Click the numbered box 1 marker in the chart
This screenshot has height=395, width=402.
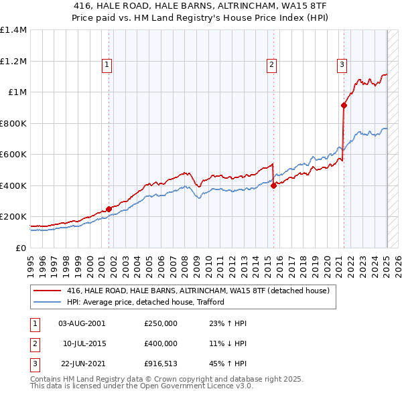pyautogui.click(x=107, y=65)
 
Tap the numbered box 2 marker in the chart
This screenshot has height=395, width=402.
pyautogui.click(x=271, y=65)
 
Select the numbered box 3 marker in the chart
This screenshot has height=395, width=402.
pyautogui.click(x=342, y=65)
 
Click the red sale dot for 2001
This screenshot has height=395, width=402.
pyautogui.click(x=109, y=209)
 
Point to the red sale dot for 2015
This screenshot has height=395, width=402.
pyautogui.click(x=273, y=186)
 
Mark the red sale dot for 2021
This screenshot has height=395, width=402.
pyautogui.click(x=344, y=105)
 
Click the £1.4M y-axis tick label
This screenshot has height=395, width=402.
pyautogui.click(x=13, y=30)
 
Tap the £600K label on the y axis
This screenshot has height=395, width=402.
pyautogui.click(x=13, y=155)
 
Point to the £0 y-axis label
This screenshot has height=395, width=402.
pyautogui.click(x=20, y=248)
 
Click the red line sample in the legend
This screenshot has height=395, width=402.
pyautogui.click(x=47, y=291)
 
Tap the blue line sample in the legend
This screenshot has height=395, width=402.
pyautogui.click(x=47, y=302)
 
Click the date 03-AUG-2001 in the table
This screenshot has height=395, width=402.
pyautogui.click(x=82, y=323)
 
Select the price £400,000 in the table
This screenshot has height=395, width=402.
pyautogui.click(x=161, y=343)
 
